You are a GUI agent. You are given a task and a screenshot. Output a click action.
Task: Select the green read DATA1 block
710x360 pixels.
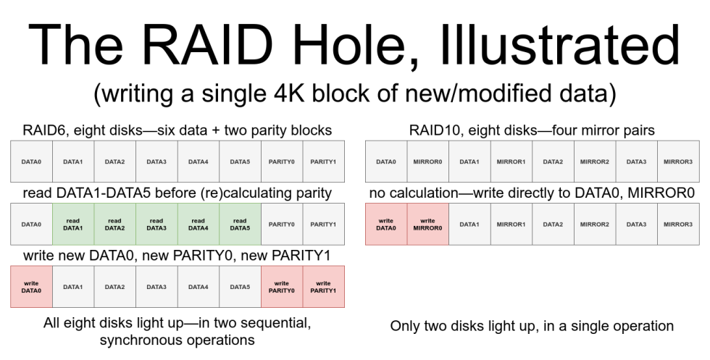point(73,224)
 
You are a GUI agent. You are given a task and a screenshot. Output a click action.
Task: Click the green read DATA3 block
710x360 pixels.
point(156,224)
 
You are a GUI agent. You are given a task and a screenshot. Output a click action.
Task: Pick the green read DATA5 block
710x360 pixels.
point(240,224)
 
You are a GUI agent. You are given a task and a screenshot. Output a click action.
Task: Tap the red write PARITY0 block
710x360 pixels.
point(282,287)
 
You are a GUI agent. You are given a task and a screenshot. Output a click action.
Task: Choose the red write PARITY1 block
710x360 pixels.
point(323,287)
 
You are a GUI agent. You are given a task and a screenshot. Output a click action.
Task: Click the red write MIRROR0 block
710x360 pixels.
point(427,224)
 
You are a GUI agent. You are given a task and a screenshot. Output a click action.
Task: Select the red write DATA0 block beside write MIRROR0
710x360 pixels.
point(385,224)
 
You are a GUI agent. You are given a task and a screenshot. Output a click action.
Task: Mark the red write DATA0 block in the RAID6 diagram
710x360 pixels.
point(31,287)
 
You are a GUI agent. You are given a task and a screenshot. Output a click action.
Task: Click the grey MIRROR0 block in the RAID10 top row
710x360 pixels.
point(427,161)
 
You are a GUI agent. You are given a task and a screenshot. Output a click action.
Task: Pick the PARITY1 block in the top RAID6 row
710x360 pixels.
point(323,161)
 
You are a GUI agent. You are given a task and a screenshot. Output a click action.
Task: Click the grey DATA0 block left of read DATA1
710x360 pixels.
point(31,224)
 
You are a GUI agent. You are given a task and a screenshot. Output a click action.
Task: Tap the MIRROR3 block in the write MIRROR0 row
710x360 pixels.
point(678,224)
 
